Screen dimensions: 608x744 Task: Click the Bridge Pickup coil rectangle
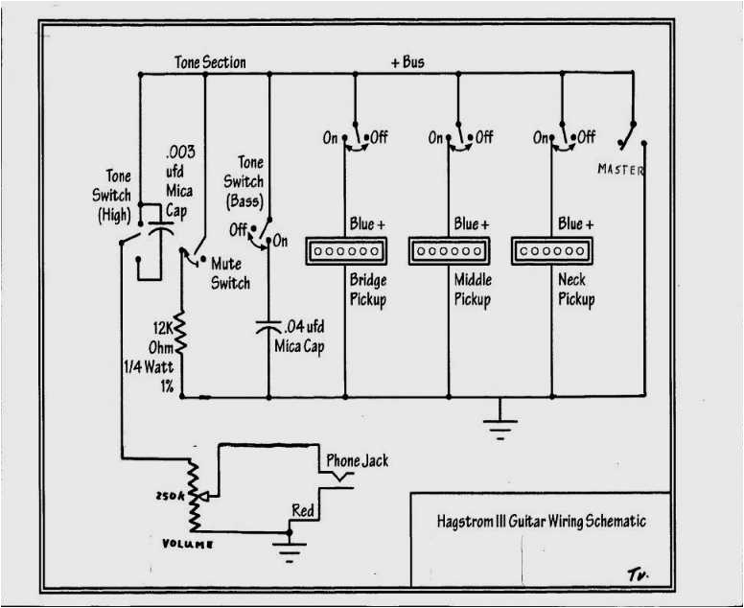[x=346, y=252]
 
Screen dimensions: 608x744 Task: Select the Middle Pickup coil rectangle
[x=449, y=252]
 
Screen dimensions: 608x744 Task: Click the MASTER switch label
[x=621, y=170]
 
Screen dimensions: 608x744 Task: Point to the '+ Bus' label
[x=407, y=62]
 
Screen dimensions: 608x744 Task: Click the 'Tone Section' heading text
[x=210, y=62]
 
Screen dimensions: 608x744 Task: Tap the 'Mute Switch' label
[x=230, y=273]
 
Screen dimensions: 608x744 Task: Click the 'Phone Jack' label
[x=357, y=460]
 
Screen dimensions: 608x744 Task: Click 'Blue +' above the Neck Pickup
[x=575, y=223]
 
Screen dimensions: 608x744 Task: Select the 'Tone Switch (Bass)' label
[x=244, y=182]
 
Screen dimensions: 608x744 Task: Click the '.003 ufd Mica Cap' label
[x=179, y=181]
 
